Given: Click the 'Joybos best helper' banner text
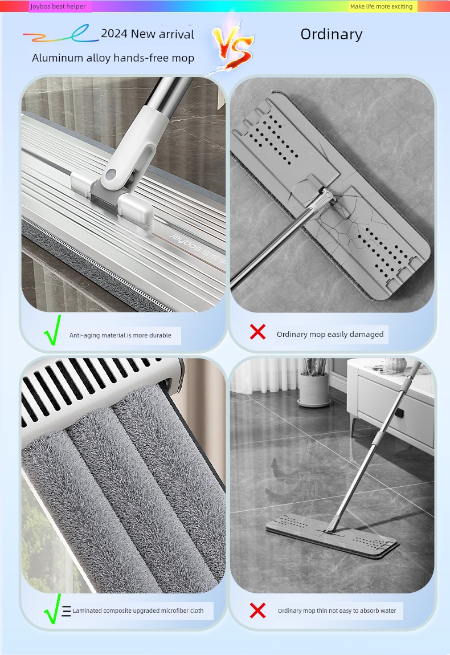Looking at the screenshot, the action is (x=58, y=6).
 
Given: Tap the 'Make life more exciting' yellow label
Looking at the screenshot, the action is (x=381, y=6).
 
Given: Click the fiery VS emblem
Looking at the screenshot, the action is (x=232, y=46).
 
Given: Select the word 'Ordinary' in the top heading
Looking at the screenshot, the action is (x=332, y=34).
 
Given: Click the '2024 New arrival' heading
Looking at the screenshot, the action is (x=148, y=34).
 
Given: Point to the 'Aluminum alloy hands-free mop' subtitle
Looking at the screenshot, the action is (x=113, y=58).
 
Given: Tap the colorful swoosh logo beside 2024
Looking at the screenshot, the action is (x=60, y=34).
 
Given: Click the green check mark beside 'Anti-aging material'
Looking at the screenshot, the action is (x=53, y=330).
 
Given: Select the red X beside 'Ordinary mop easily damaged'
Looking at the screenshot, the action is (x=257, y=332).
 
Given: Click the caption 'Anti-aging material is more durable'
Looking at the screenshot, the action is (x=120, y=335).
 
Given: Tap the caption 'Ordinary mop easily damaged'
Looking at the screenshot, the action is (x=330, y=334).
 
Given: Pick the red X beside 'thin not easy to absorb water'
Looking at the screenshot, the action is (x=257, y=611).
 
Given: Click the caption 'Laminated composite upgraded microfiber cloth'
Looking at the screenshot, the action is (x=138, y=611).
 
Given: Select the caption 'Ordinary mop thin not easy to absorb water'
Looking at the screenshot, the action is (x=337, y=611).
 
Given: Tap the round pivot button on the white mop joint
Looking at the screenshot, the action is (x=110, y=174).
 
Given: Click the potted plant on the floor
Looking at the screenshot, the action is (x=314, y=382).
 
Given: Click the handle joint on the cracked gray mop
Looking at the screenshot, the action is (x=324, y=197).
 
